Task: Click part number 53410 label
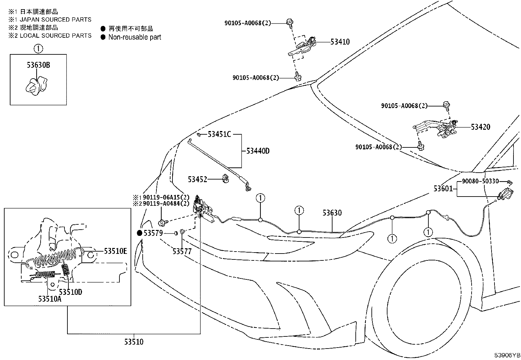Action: tap(340, 42)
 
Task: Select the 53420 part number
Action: tap(480, 127)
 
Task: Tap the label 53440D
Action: tap(258, 151)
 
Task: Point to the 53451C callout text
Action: tap(219, 134)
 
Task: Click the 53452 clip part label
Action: tap(197, 179)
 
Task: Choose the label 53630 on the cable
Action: tap(332, 213)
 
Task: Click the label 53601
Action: tap(443, 189)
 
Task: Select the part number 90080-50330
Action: tap(480, 181)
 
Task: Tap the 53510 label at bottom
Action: tap(134, 342)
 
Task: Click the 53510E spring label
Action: tap(116, 251)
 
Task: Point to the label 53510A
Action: tap(49, 299)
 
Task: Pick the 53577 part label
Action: tap(182, 251)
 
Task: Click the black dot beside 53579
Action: tap(139, 233)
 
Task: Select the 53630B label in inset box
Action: tap(38, 65)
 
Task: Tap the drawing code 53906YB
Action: tap(507, 355)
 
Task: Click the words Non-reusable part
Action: tap(135, 37)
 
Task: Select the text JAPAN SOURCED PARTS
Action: tap(55, 20)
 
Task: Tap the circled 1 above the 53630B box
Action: tap(38, 49)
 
